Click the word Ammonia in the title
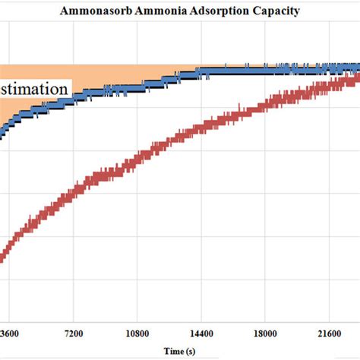[152, 11]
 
